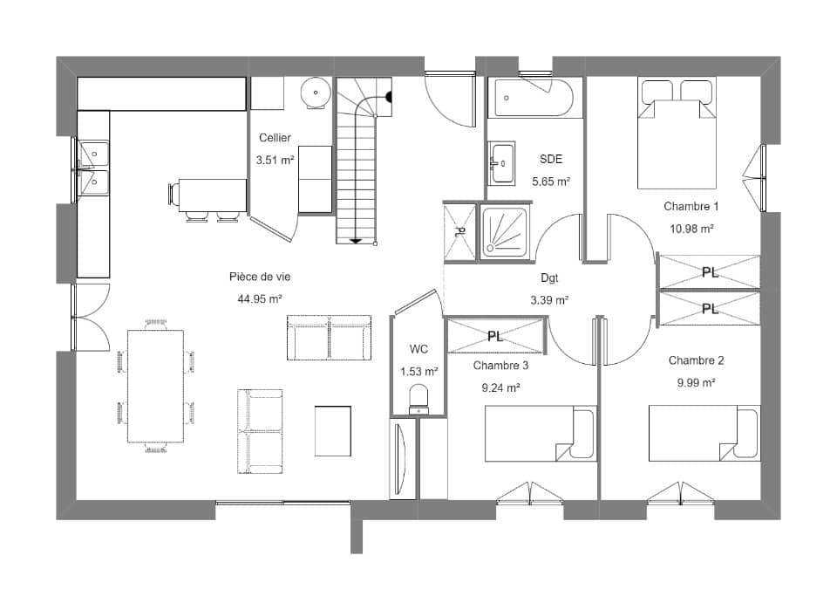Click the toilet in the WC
click(x=419, y=400)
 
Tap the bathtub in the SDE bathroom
click(x=534, y=98)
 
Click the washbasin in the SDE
click(x=502, y=163)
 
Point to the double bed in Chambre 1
click(x=677, y=134)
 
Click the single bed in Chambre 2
click(x=704, y=433)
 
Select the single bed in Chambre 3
click(x=541, y=433)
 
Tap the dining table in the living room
click(x=155, y=387)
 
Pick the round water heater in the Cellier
click(x=316, y=93)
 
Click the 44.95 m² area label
click(x=260, y=299)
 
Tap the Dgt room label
click(x=549, y=278)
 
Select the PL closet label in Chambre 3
click(x=495, y=337)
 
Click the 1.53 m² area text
click(x=419, y=371)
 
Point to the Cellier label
click(x=275, y=138)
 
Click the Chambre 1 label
click(x=691, y=206)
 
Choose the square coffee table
click(x=332, y=431)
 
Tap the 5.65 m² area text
click(x=551, y=182)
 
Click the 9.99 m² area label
click(x=696, y=383)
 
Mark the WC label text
click(x=419, y=349)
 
